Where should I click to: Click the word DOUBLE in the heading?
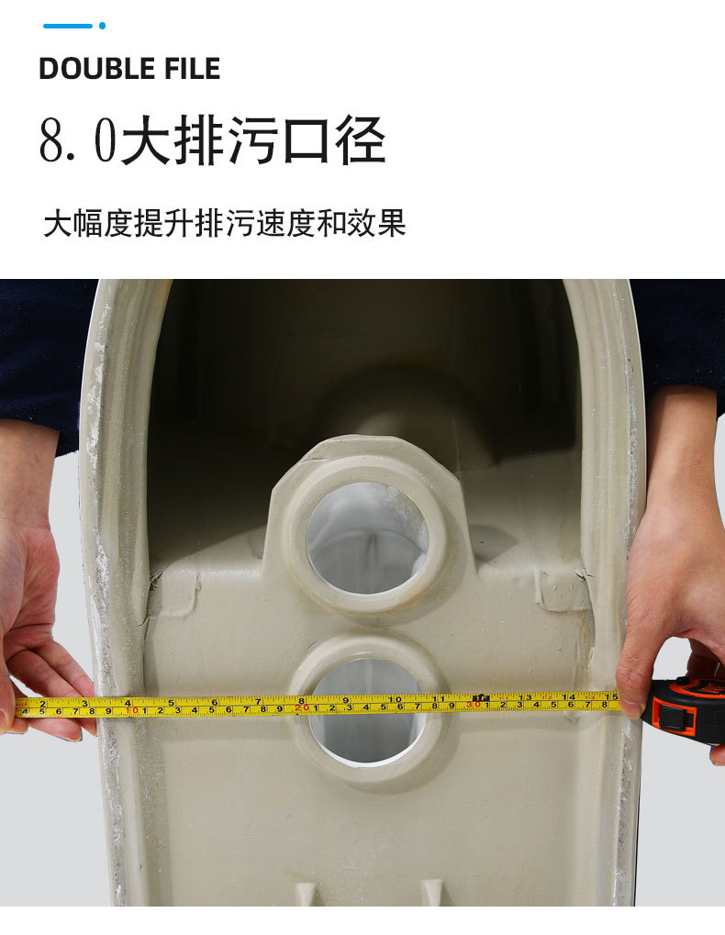(95, 68)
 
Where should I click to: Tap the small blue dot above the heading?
(102, 26)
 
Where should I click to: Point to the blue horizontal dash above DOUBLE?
(68, 26)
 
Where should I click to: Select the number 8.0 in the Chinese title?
(77, 140)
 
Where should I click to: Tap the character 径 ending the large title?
(360, 140)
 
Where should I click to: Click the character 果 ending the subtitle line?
(391, 223)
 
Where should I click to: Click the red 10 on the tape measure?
(132, 710)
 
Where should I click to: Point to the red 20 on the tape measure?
(302, 707)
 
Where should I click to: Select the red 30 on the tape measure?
(474, 705)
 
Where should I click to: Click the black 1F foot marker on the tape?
(481, 697)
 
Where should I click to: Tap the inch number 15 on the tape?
(612, 696)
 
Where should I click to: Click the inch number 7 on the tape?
(258, 701)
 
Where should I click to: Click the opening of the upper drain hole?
(367, 538)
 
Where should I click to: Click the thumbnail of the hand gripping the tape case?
(630, 706)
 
